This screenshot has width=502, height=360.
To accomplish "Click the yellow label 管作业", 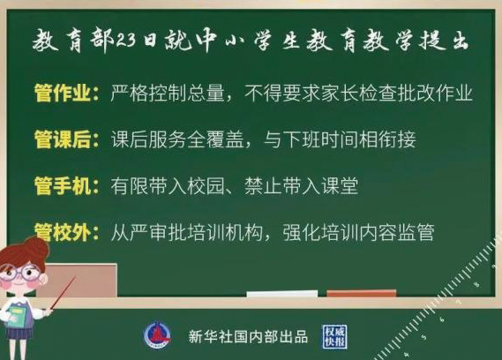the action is tap(63, 94).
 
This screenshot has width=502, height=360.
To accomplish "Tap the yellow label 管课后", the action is tap(63, 139).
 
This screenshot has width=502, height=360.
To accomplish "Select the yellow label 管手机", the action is tap(63, 186).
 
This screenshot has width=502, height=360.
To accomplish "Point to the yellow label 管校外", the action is tap(63, 232).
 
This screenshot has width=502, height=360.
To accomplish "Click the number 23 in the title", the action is tap(125, 41).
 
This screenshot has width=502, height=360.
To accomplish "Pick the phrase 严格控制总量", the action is tap(168, 94).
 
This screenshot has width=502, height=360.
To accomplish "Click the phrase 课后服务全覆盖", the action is tap(177, 139).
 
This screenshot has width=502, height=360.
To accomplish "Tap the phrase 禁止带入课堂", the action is tap(301, 186).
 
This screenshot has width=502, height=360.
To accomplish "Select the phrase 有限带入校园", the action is tap(168, 186).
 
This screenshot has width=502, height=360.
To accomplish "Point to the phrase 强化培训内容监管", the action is tap(358, 232).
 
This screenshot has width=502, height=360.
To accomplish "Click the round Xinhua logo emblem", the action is tap(157, 335).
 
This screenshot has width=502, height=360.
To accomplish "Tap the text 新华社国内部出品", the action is tap(248, 337).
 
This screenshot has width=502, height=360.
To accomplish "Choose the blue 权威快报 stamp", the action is tap(334, 337).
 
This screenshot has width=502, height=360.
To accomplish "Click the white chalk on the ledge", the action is tap(282, 294).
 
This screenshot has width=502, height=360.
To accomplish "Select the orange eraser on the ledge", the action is tap(362, 293).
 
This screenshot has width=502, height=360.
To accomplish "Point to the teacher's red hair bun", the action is tap(36, 248).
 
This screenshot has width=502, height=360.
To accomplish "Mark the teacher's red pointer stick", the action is tap(63, 293).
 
